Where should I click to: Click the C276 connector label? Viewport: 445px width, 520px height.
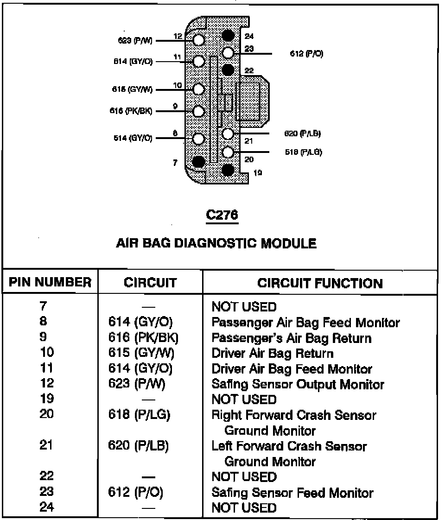point(222,215)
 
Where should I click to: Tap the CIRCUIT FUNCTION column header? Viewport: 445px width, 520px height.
point(320,283)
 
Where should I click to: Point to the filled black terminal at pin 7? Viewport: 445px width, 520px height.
point(199,161)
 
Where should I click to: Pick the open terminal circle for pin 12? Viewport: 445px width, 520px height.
point(199,40)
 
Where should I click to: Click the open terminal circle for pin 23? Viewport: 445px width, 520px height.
point(228,52)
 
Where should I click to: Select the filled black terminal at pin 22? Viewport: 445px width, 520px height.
point(228,70)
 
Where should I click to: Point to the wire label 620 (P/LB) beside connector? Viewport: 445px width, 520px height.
point(303,134)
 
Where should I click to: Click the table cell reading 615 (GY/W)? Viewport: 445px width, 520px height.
point(141,354)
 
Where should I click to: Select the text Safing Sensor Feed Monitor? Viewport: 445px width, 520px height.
point(292,493)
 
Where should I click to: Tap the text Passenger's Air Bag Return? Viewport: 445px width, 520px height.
point(291,338)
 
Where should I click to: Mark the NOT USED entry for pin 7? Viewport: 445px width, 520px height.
point(244,307)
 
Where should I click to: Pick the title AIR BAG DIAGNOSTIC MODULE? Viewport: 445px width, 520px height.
point(216,243)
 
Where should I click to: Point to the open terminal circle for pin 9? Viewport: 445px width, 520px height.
point(199,111)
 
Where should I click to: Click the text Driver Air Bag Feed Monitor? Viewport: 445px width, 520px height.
point(292,369)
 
